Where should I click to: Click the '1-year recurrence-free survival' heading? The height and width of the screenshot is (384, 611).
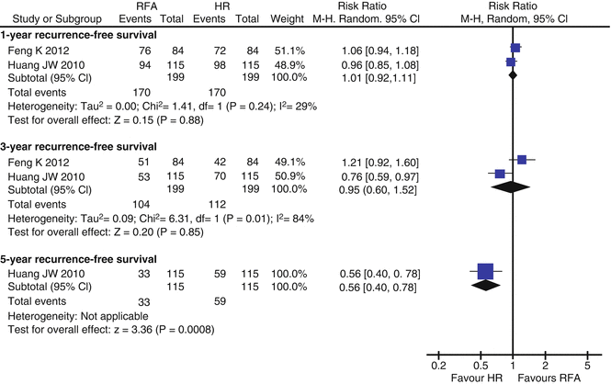(79, 33)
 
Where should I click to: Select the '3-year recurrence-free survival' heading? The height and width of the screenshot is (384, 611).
(79, 145)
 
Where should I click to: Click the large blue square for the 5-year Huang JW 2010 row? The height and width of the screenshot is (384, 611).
(486, 271)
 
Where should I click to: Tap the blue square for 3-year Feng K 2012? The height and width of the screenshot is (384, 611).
(522, 160)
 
